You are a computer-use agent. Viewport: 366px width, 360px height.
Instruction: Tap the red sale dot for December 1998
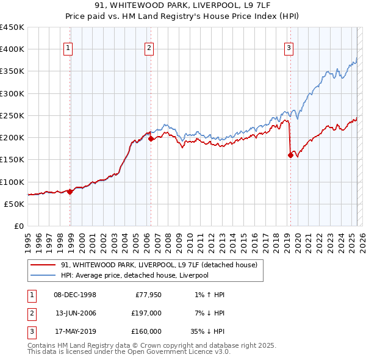[x=70, y=191]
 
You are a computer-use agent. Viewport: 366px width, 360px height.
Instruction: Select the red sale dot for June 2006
[x=151, y=139]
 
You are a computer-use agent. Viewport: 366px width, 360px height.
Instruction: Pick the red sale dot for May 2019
[x=290, y=155]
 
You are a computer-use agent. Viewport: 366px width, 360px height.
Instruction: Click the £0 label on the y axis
[x=18, y=226]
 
